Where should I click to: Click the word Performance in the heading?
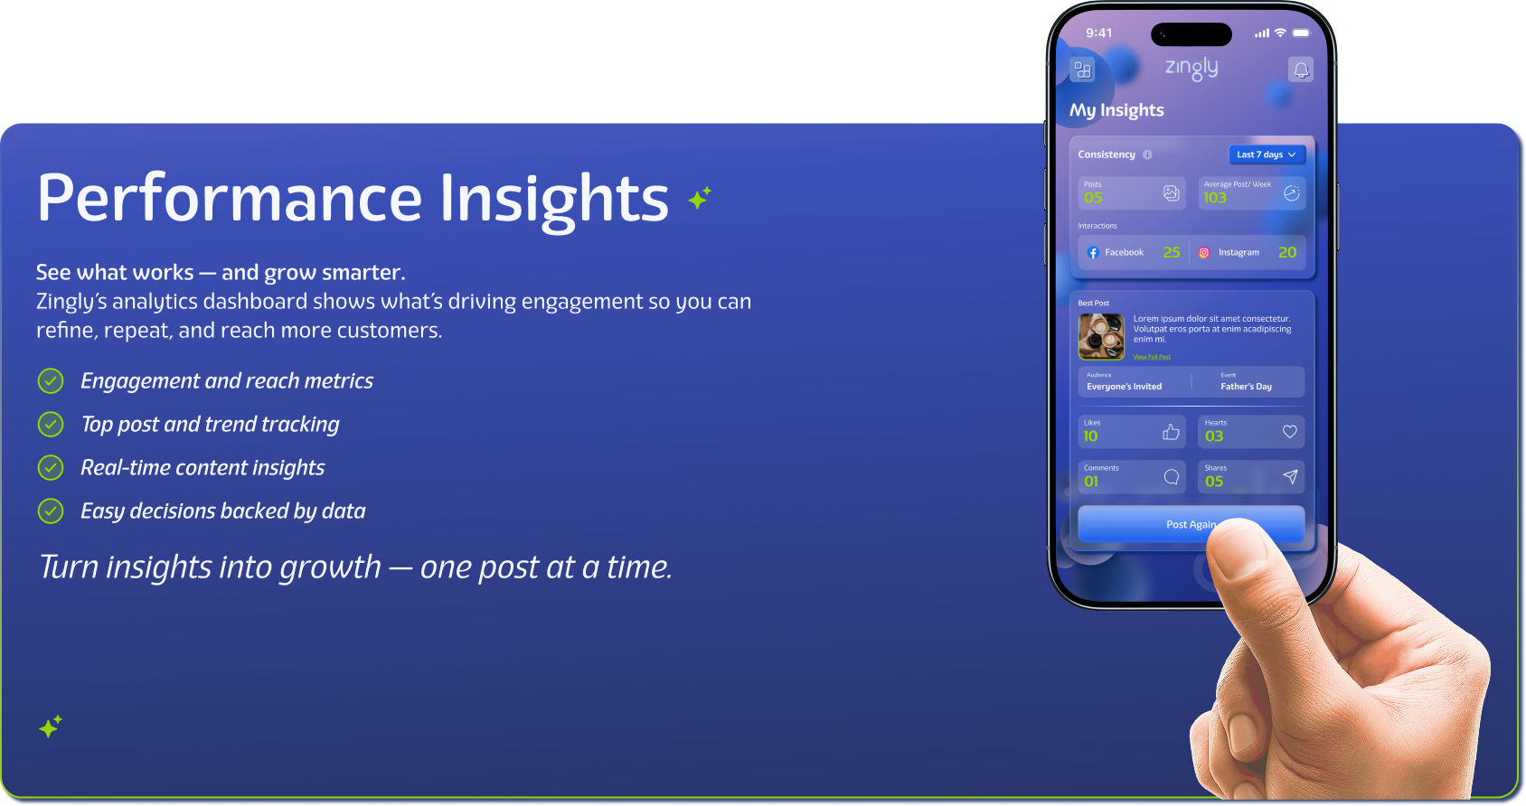(x=230, y=199)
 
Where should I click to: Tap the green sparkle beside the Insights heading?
(x=699, y=197)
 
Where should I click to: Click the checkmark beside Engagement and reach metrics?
(x=51, y=381)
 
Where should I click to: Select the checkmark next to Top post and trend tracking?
(x=51, y=425)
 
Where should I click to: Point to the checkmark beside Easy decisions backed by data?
(x=51, y=511)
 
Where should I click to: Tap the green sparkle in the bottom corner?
(x=51, y=726)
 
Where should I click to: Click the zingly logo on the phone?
(x=1191, y=68)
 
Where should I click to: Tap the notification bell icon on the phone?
(x=1300, y=70)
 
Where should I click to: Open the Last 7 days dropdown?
(x=1267, y=155)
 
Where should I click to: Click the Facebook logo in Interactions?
(x=1093, y=253)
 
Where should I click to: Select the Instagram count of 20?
(x=1287, y=253)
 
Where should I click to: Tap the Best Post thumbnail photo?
(x=1101, y=337)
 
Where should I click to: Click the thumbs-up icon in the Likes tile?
(x=1171, y=433)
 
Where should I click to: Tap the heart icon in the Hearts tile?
(x=1290, y=432)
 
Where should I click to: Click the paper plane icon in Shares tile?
(x=1290, y=477)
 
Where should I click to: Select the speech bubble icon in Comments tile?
(x=1171, y=477)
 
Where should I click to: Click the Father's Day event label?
(x=1246, y=387)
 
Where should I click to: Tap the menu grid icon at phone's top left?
(x=1082, y=70)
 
